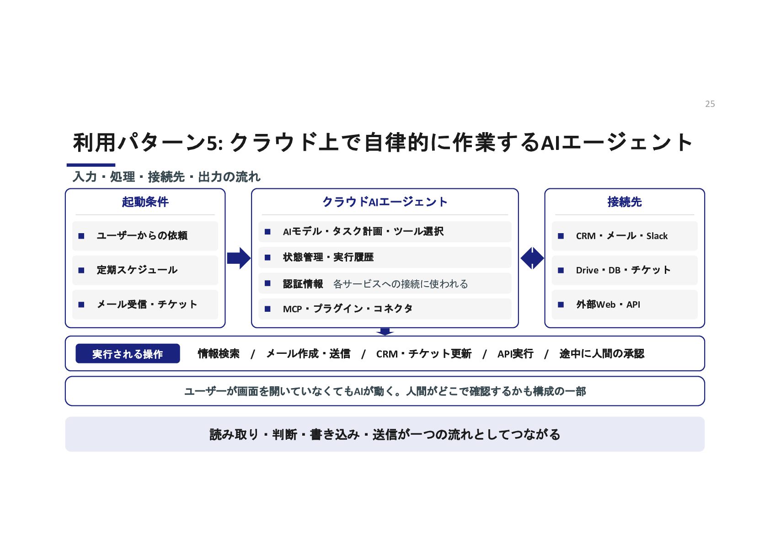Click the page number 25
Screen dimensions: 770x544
pos(710,104)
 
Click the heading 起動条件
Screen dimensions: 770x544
pos(145,202)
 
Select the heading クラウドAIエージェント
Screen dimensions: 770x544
pos(385,202)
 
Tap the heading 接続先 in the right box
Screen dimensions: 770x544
pos(624,202)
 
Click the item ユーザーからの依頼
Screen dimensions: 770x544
pos(142,235)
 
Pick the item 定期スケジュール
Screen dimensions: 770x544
pos(137,270)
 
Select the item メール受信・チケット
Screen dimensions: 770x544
pos(147,304)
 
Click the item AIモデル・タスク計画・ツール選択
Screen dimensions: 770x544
pos(363,231)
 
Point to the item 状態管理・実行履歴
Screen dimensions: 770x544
pos(328,257)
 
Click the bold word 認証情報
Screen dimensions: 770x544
pos(303,283)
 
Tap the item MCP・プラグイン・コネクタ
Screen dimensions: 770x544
pos(348,309)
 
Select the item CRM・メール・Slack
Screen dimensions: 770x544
pos(621,236)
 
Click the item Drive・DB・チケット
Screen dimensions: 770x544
pos(623,270)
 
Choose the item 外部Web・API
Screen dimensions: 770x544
pos(608,304)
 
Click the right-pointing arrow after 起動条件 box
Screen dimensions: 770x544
pos(239,258)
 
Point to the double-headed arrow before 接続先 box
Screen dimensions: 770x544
pos(532,258)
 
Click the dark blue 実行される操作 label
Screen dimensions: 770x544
pos(128,353)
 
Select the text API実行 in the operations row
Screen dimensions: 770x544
pos(515,354)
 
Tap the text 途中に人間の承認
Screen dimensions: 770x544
pos(602,354)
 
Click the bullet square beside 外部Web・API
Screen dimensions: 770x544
pos(561,304)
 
